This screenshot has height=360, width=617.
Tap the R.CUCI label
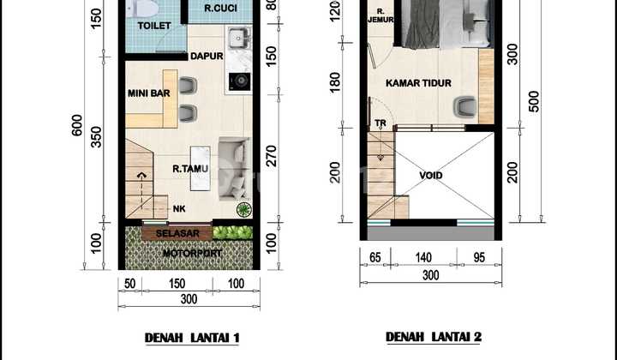pos(221,10)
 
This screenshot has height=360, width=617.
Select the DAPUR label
pos(207,57)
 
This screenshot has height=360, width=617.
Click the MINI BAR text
pos(147,93)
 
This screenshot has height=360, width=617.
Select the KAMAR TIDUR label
pos(418,84)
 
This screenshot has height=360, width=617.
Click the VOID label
pos(431,175)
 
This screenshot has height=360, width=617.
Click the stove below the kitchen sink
pos(237,83)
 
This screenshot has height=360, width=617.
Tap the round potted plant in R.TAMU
pos(243,209)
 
